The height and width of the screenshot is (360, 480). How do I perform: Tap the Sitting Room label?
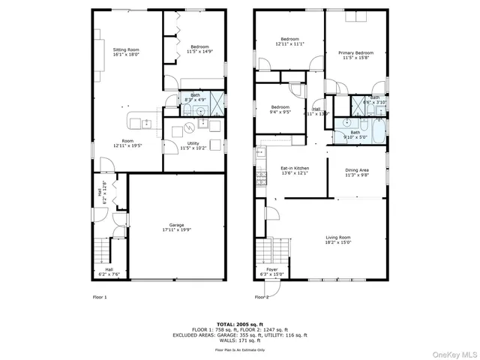126,52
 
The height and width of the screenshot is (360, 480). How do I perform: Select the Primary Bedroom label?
355,55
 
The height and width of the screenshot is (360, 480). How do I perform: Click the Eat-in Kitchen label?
295,170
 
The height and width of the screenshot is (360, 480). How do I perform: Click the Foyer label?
271,271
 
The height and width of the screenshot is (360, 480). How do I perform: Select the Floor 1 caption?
100,297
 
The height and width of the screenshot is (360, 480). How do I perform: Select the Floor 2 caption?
261,297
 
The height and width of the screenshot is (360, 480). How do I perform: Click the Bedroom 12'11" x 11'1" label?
289,42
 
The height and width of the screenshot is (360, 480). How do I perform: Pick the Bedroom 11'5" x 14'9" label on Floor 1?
199,49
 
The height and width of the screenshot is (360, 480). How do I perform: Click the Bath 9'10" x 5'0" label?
355,135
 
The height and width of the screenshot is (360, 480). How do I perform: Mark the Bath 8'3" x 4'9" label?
195,97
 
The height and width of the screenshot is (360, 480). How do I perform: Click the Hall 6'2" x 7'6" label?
109,271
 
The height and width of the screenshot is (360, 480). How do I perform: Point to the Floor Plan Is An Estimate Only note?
240,349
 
